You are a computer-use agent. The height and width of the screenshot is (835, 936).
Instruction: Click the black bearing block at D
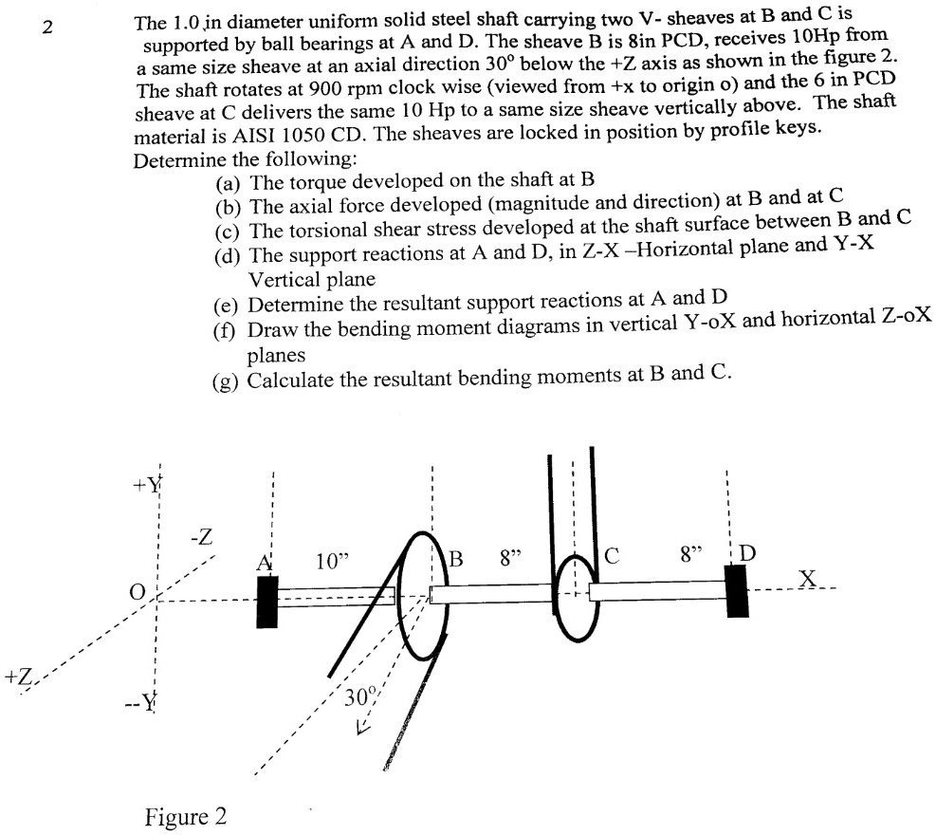click(x=737, y=590)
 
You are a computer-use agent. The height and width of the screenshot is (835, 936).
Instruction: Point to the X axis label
click(x=808, y=577)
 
